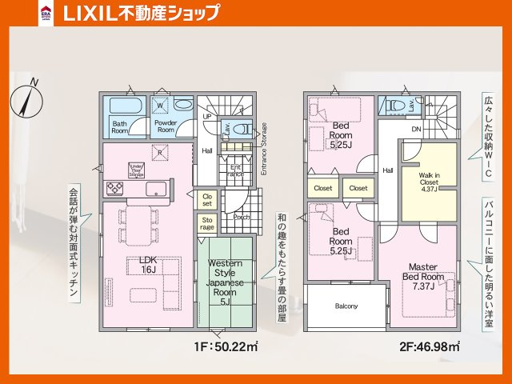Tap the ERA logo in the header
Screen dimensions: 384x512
[47, 14]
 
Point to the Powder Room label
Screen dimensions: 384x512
[166, 126]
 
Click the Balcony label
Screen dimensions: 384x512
[346, 306]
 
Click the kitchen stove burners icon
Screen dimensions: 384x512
[114, 189]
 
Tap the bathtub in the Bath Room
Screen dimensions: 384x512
[122, 107]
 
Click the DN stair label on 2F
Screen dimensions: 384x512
[416, 129]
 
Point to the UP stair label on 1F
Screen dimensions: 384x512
[206, 117]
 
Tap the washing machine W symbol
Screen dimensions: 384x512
[160, 106]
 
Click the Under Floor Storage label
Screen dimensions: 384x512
[136, 169]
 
